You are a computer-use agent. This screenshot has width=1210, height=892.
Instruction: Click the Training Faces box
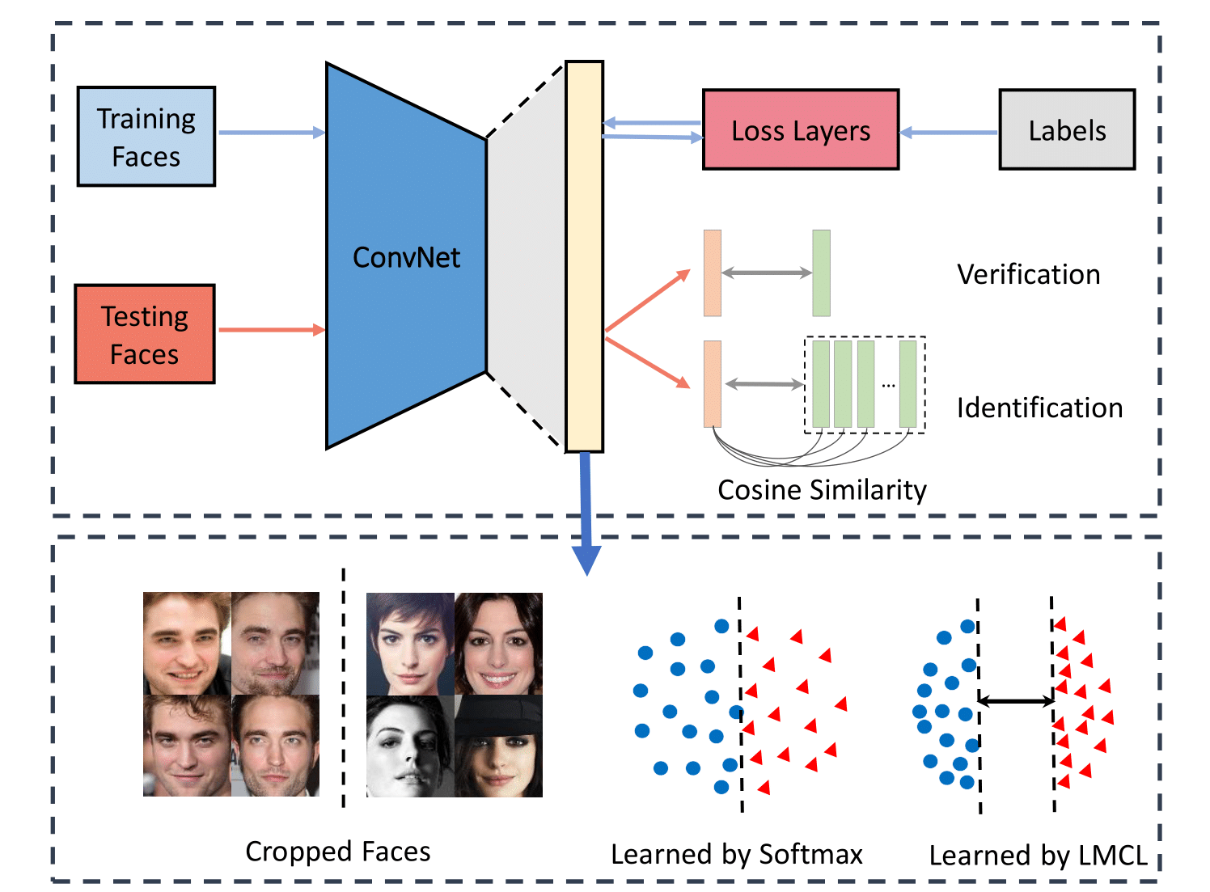click(x=146, y=137)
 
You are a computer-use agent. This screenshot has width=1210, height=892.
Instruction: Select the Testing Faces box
click(x=145, y=334)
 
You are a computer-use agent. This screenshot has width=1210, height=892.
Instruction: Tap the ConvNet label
click(x=406, y=258)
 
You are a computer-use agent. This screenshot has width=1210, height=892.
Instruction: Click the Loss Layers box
click(x=801, y=130)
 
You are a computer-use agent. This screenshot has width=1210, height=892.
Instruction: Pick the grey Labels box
click(x=1067, y=130)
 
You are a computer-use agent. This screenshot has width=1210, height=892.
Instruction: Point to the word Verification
click(x=1028, y=275)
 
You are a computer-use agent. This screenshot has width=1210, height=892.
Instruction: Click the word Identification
click(x=1039, y=408)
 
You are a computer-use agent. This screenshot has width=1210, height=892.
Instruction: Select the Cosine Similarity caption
click(x=822, y=490)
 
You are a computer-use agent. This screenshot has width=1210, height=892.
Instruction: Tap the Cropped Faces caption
click(x=337, y=852)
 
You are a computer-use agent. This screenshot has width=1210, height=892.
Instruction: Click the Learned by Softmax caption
click(x=736, y=855)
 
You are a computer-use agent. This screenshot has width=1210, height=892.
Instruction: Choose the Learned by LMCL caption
click(x=1038, y=856)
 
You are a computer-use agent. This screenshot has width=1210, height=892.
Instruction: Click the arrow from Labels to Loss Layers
click(x=949, y=133)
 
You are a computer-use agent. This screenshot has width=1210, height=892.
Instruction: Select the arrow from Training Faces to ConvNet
click(x=271, y=133)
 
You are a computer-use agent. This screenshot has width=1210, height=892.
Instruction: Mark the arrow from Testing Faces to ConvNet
click(x=271, y=330)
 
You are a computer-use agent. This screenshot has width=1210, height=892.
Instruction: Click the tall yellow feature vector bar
click(x=584, y=256)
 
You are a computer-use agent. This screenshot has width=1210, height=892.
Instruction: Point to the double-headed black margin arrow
click(x=1016, y=701)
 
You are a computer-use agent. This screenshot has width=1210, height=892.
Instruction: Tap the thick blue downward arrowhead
click(x=586, y=559)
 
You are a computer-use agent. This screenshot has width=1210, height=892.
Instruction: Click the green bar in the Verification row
click(x=821, y=273)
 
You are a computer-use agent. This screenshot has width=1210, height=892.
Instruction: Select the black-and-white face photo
click(x=410, y=746)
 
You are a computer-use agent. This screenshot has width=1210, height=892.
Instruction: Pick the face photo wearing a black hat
click(x=498, y=746)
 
